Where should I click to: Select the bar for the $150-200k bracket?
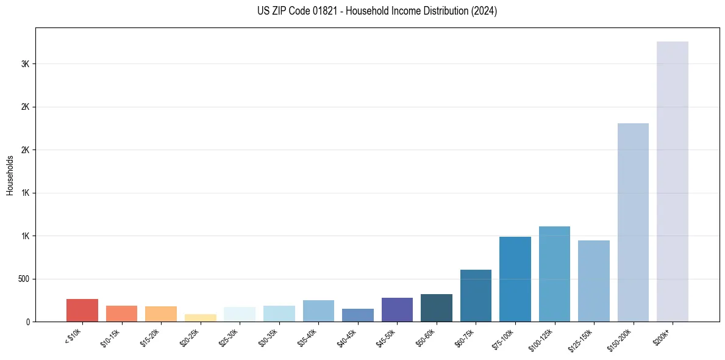pyautogui.click(x=633, y=222)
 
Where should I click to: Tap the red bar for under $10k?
pyautogui.click(x=82, y=310)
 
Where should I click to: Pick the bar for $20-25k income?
pyautogui.click(x=200, y=318)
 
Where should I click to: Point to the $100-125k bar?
pyautogui.click(x=554, y=274)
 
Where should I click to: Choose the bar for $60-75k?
pyautogui.click(x=476, y=295)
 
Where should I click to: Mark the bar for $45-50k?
pyautogui.click(x=397, y=309)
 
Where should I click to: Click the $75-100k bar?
pyautogui.click(x=515, y=279)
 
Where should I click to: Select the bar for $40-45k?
pyautogui.click(x=358, y=315)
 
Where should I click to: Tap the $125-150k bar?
pyautogui.click(x=594, y=281)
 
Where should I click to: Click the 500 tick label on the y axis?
pyautogui.click(x=23, y=279)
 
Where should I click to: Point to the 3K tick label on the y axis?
pyautogui.click(x=25, y=64)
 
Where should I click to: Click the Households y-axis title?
pyautogui.click(x=10, y=175)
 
